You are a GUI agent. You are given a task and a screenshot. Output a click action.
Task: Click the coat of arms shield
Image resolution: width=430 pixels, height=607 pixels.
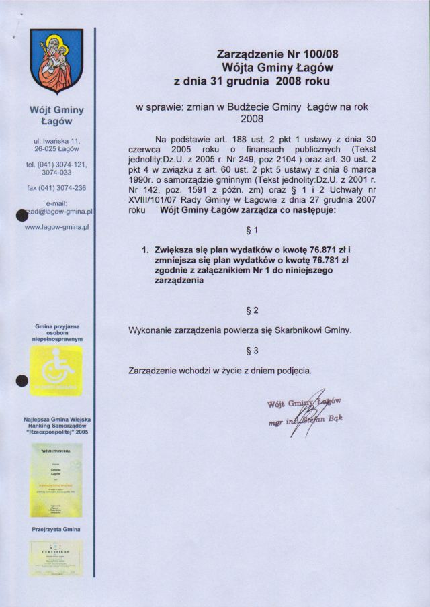click(56, 63)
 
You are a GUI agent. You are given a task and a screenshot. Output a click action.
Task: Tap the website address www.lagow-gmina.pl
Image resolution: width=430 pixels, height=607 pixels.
click(57, 227)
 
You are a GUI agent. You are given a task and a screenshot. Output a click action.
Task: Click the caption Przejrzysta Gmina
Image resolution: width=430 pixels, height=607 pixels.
click(56, 530)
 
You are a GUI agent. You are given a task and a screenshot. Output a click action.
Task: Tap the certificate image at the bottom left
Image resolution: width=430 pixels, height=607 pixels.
click(56, 558)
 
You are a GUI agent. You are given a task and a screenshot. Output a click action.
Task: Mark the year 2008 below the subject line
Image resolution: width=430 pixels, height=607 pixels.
click(252, 118)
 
